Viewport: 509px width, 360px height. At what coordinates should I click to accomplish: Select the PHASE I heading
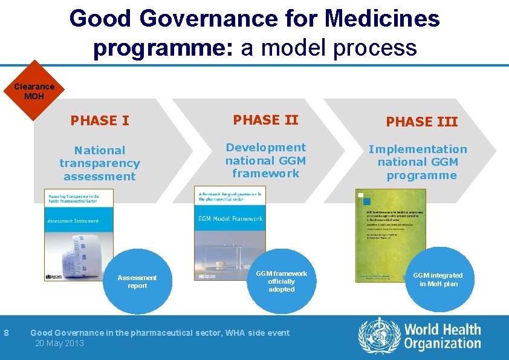click(x=100, y=120)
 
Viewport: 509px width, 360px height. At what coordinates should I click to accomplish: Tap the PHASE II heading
click(x=265, y=120)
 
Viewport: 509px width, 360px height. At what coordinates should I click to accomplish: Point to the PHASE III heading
click(x=421, y=122)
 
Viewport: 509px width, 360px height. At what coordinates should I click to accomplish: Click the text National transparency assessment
click(x=99, y=163)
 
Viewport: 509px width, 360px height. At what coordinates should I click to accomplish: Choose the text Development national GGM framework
click(x=265, y=160)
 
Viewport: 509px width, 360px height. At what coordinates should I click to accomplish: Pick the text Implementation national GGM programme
click(x=418, y=162)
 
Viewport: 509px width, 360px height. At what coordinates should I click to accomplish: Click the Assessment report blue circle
click(x=137, y=281)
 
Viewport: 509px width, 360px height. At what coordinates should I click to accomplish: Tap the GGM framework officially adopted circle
click(x=281, y=281)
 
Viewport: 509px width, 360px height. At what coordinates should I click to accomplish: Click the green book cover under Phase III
click(x=391, y=235)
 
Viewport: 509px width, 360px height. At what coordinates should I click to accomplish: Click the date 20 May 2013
click(x=59, y=343)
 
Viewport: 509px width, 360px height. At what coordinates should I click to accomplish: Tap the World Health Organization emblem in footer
click(x=379, y=336)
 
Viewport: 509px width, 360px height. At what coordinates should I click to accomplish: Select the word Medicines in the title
click(x=382, y=19)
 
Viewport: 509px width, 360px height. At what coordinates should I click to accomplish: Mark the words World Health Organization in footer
click(x=443, y=337)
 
